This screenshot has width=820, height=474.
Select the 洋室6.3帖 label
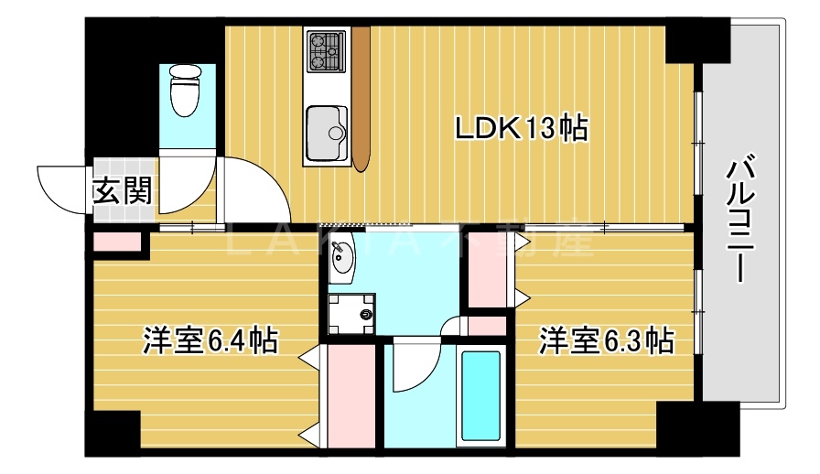coord(606,340)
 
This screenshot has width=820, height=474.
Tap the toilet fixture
coord(185,92)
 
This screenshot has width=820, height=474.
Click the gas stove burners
coord(326,50)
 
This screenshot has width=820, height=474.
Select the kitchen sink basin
coord(326,133)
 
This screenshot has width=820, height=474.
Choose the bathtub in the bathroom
coord(480,395)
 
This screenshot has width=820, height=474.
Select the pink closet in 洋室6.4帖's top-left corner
coord(118,243)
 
